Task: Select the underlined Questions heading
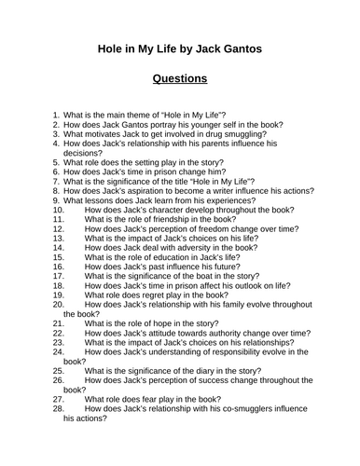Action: [180, 79]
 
